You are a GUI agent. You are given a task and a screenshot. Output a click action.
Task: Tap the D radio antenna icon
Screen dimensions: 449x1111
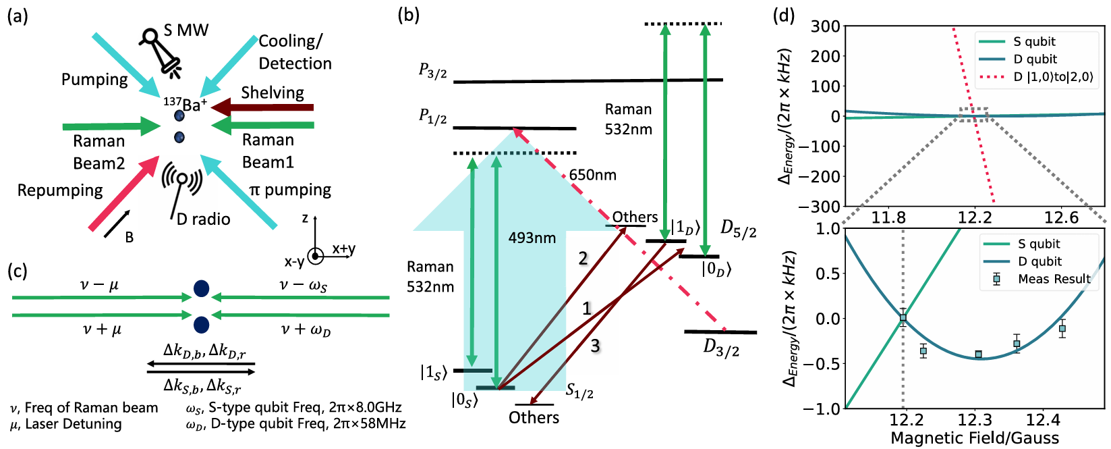tap(181, 186)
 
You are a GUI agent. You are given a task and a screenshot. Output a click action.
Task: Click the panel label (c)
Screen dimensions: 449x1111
tap(18, 271)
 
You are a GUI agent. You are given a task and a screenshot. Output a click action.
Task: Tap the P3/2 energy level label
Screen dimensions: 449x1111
tap(432, 71)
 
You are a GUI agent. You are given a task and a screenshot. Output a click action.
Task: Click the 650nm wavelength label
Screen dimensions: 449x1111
tap(592, 175)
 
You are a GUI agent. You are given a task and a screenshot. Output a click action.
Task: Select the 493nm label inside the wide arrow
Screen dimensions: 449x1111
tap(532, 238)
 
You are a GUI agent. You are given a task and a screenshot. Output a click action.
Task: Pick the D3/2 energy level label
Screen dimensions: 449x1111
tap(721, 348)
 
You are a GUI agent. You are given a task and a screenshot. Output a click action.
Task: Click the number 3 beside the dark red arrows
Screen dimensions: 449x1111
tap(595, 346)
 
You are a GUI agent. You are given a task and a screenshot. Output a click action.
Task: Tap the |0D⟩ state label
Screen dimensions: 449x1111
tap(716, 269)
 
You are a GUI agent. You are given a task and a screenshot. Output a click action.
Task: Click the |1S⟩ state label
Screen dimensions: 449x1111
tap(432, 372)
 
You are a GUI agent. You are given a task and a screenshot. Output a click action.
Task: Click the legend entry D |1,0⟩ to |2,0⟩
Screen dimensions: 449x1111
tap(1053, 77)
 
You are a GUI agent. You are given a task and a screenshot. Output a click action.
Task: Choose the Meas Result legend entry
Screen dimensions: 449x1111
tap(1054, 279)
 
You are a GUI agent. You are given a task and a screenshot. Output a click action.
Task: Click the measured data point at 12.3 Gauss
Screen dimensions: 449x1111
tap(978, 354)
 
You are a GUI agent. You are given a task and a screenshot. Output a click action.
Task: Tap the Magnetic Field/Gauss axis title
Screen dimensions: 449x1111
tap(975, 438)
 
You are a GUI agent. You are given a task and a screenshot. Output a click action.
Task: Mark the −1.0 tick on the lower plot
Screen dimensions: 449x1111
tap(824, 408)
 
